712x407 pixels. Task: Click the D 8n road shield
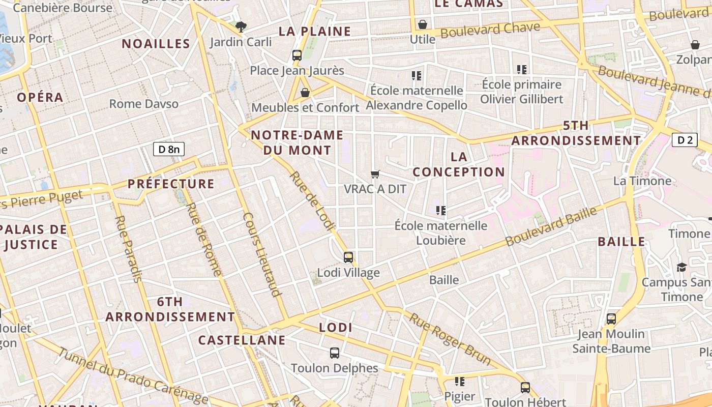click(x=168, y=149)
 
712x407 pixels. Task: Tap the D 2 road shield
click(x=684, y=140)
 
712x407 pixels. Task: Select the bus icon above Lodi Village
click(x=348, y=257)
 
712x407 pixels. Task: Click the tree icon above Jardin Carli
click(x=241, y=26)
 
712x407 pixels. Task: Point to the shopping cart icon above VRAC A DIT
click(x=375, y=175)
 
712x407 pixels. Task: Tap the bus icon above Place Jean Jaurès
click(x=297, y=55)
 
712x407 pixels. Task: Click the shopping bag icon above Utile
click(x=423, y=24)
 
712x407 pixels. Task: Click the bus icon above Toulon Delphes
click(x=335, y=353)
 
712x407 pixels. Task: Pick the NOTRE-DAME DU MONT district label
click(x=297, y=142)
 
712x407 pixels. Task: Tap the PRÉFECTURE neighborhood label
click(x=171, y=184)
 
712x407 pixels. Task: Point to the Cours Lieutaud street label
click(x=262, y=254)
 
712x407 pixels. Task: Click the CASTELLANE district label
click(x=242, y=340)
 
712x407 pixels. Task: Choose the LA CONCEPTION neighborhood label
click(x=459, y=164)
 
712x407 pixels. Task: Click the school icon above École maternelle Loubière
click(x=441, y=210)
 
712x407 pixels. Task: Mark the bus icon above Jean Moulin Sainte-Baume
click(x=611, y=319)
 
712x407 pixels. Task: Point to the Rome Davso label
click(x=144, y=104)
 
